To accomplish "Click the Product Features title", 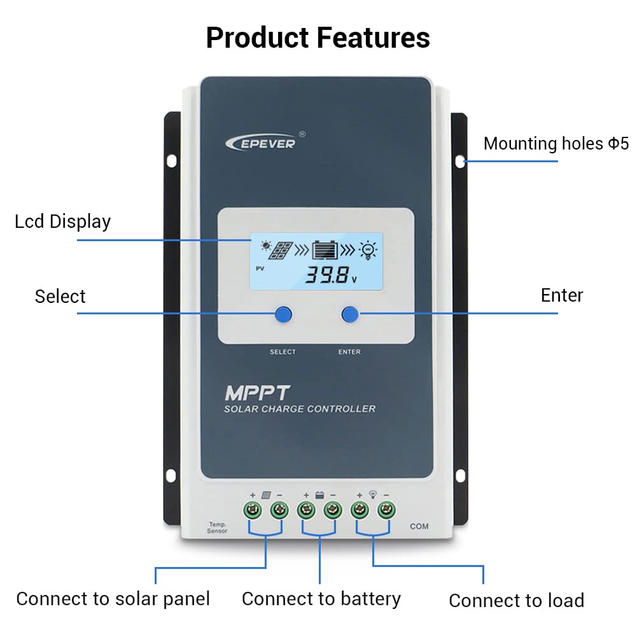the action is pos(318,38).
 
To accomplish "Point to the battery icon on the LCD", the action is pos(325,250).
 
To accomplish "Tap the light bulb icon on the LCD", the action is pos(368,250).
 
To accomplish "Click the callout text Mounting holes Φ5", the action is pos(556,143).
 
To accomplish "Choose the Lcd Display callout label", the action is pos(62,222).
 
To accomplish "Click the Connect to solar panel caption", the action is pos(113,599).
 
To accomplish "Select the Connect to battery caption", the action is pos(321,599).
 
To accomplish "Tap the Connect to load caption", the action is pos(516,601).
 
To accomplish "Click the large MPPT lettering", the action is pos(257,393).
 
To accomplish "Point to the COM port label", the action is pos(419,526).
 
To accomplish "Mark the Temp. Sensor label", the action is pos(218,528).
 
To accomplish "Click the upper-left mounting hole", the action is pos(172,161).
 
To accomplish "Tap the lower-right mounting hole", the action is pos(460,475).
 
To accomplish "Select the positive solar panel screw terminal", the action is pos(252,510).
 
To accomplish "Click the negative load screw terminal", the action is pos(386,510).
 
